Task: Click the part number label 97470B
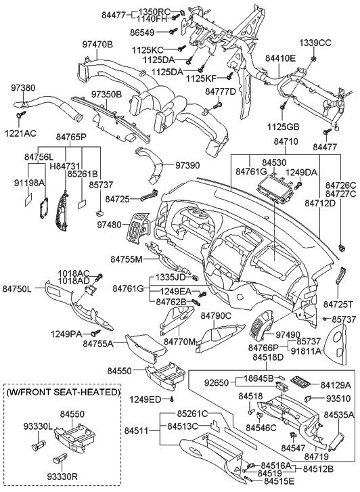click(x=97, y=45)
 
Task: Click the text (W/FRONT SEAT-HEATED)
click(x=62, y=392)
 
